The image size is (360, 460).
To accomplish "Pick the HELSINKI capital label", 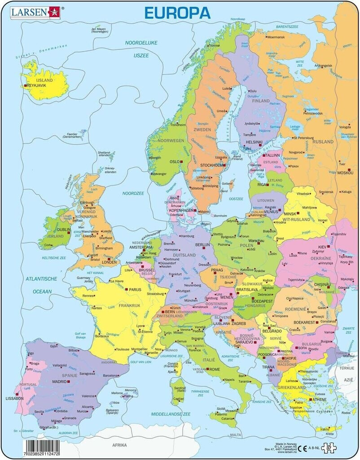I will [254, 142].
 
